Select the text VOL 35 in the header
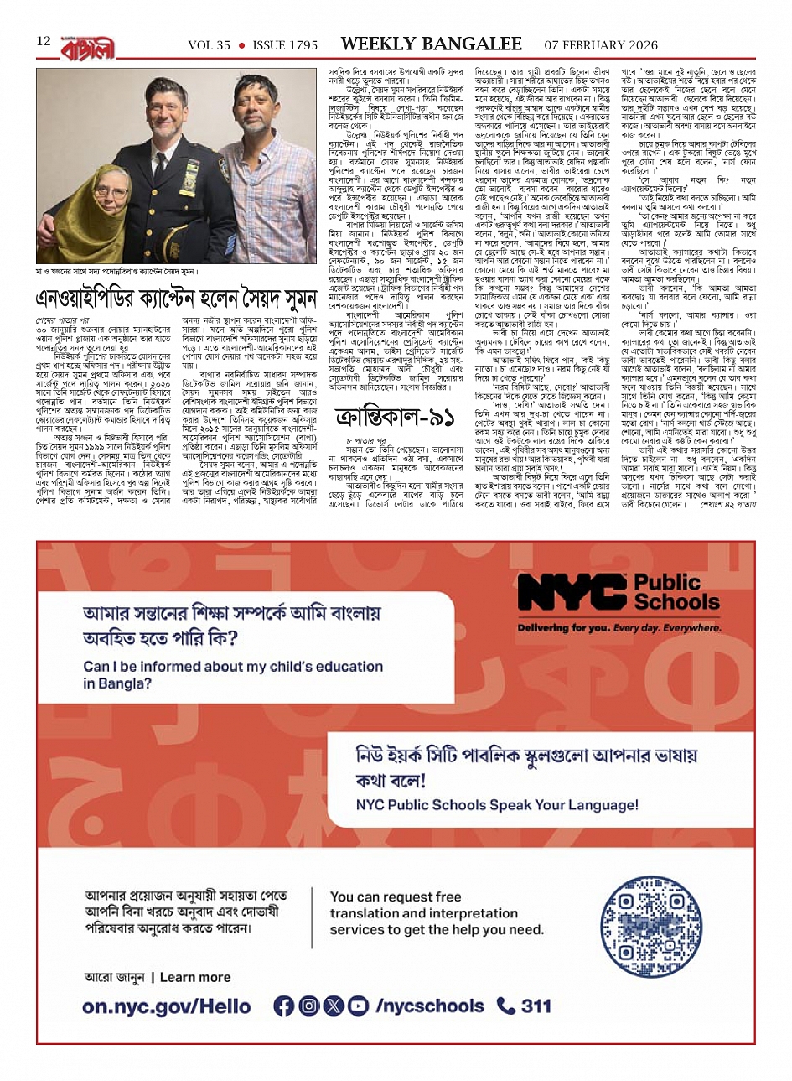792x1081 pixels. coord(209,45)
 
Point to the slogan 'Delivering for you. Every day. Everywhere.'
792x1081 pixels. coord(619,627)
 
